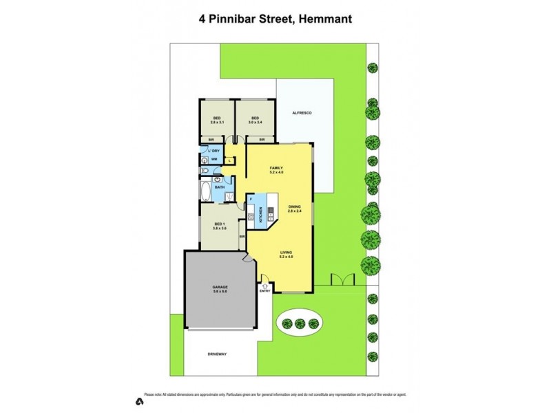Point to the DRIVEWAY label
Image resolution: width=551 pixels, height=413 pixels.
[217, 354]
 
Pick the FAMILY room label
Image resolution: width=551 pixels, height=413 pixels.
[276, 168]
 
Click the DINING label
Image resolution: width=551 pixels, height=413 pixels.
[295, 207]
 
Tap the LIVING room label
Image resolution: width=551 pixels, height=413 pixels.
[287, 253]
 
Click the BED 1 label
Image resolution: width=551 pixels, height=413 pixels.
[220, 225]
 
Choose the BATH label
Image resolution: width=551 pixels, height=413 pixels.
[219, 187]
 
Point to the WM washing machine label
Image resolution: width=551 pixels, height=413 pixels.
[214, 160]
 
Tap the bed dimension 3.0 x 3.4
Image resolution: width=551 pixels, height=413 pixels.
[255, 123]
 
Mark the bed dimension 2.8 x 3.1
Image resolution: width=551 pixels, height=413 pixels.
[218, 123]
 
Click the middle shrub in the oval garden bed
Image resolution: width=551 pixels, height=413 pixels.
[300, 324]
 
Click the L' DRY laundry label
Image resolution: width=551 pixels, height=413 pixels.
[214, 151]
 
